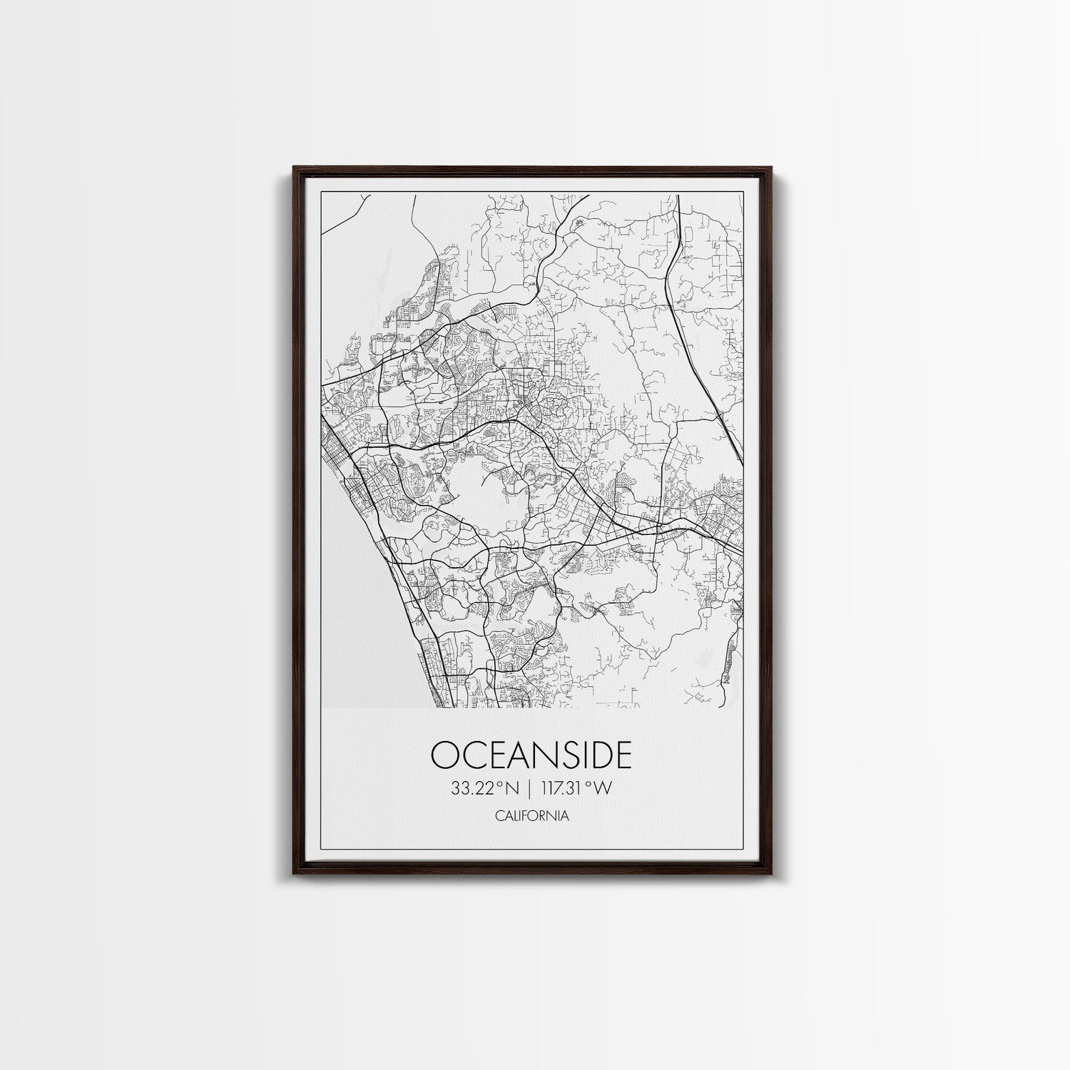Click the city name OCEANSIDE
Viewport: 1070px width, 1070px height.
click(x=531, y=755)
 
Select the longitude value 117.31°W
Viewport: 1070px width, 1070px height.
click(x=576, y=788)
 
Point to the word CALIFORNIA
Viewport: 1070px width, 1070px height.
click(x=531, y=815)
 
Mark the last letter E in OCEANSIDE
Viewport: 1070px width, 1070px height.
click(x=622, y=755)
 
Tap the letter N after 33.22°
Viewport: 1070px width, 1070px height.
click(x=511, y=788)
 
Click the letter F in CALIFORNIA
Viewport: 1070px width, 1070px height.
click(x=522, y=815)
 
